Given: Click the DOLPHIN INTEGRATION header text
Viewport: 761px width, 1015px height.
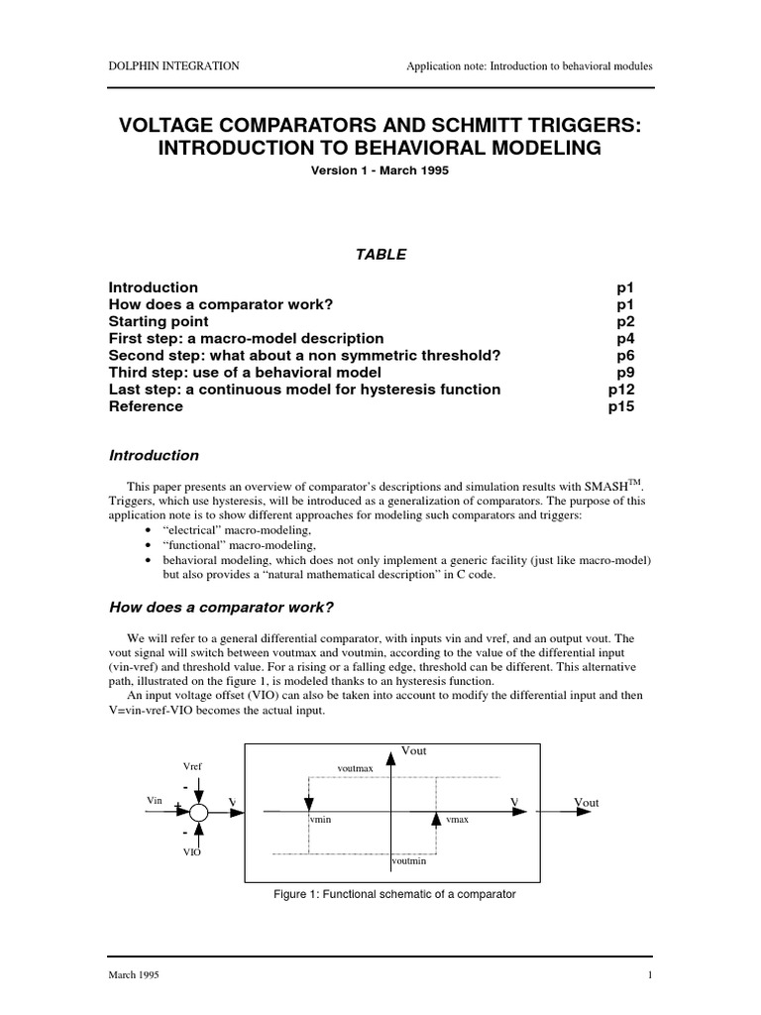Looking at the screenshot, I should click(x=173, y=66).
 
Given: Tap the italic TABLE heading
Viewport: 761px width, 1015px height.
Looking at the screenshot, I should click(x=380, y=254).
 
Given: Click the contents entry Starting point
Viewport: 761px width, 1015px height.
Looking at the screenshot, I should click(x=159, y=322).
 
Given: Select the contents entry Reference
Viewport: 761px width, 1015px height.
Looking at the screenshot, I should click(x=146, y=406).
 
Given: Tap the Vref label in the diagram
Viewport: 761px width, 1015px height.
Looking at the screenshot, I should click(x=193, y=767).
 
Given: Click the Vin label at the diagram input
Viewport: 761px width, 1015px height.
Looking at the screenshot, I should click(x=154, y=799).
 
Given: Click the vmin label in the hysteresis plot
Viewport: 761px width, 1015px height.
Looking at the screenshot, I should click(x=322, y=821).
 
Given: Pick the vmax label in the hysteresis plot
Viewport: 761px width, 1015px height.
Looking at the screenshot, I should click(x=458, y=821).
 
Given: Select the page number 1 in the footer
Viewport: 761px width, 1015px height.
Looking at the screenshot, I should click(x=649, y=975).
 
